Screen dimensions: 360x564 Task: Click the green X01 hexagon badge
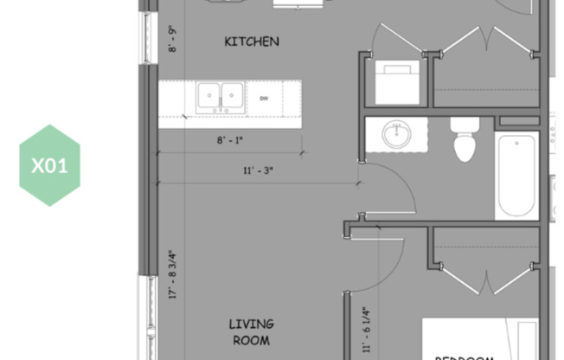click(49, 165)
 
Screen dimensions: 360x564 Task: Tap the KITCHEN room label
click(252, 42)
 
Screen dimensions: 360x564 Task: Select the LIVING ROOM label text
click(252, 331)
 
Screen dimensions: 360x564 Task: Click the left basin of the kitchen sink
click(208, 96)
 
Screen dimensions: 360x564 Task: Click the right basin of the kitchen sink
click(231, 96)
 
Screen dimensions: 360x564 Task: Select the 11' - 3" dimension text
click(257, 170)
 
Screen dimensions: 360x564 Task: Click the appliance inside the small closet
click(396, 82)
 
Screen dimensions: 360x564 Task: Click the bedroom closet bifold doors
click(486, 277)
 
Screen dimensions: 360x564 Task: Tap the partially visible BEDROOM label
click(464, 356)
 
